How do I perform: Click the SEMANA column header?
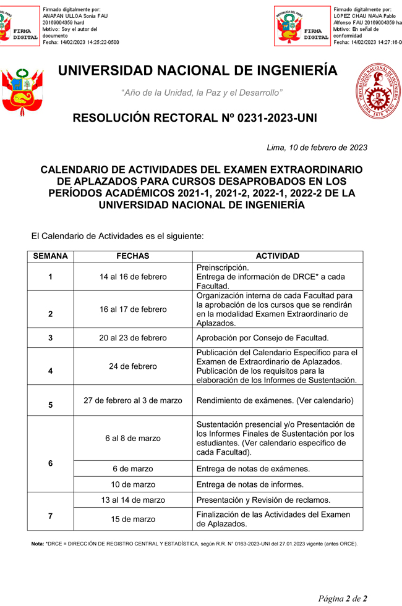50,256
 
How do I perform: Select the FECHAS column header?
133,256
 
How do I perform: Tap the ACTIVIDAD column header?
278,256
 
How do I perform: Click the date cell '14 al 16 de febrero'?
133,277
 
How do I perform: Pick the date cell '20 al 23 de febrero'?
133,338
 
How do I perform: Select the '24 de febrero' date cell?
133,366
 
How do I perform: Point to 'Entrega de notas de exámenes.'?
253,469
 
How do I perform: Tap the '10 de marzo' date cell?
133,484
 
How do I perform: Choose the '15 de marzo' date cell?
133,519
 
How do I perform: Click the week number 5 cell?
50,405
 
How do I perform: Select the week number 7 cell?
50,515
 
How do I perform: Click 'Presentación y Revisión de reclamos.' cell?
263,500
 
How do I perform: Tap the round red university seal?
377,91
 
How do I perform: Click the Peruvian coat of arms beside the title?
22,91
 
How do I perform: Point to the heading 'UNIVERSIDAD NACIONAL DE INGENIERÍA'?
198,71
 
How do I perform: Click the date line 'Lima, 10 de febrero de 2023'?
317,148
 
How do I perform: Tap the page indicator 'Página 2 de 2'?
343,598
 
